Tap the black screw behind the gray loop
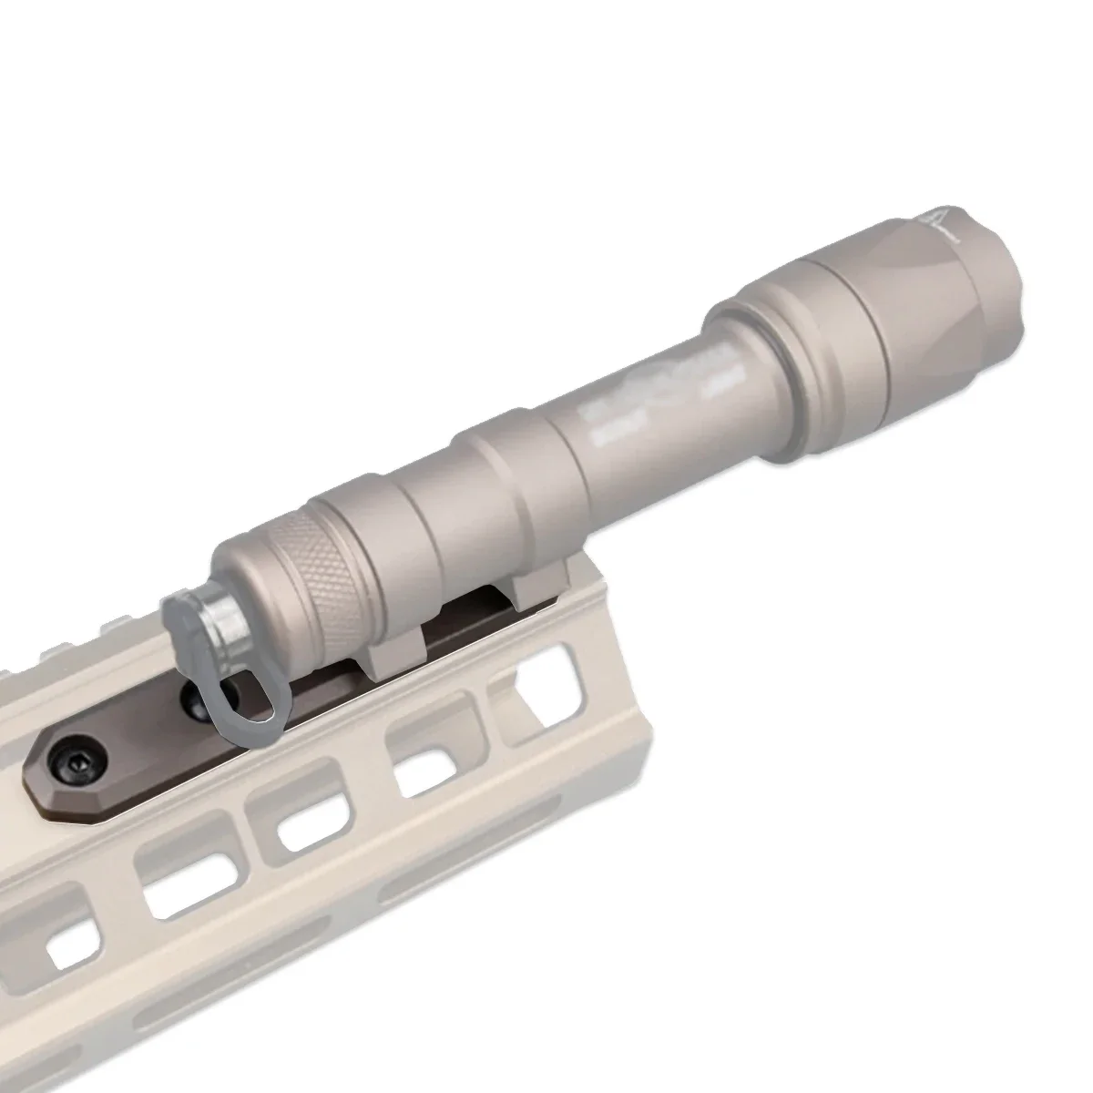click(195, 700)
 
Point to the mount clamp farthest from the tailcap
click(537, 583)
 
